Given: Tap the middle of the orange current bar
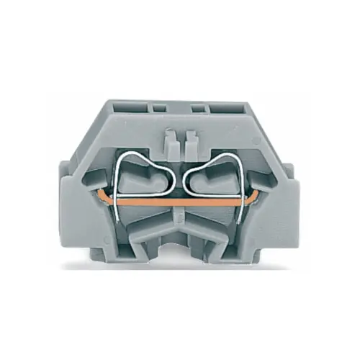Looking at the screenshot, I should point(179,204).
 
